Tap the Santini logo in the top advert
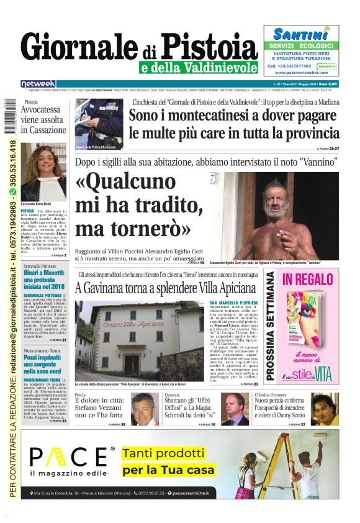[x=300, y=34]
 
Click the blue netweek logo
[x=38, y=83]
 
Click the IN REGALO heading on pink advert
[x=307, y=280]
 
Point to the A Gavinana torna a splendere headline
[x=164, y=288]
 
